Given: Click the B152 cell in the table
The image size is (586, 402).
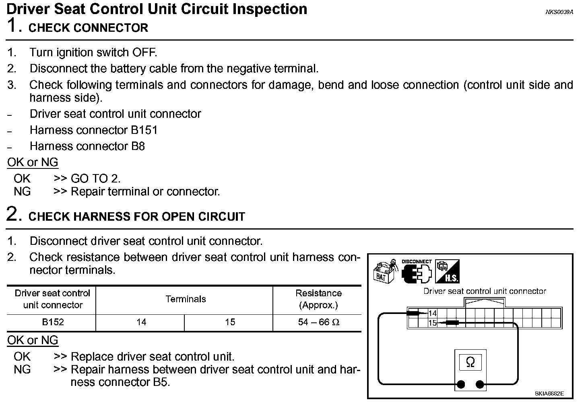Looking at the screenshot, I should tap(53, 322).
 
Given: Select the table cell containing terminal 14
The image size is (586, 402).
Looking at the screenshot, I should tap(141, 322).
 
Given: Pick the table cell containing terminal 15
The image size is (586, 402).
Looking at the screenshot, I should tap(230, 322).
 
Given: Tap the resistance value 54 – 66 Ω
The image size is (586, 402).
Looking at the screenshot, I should tap(318, 322).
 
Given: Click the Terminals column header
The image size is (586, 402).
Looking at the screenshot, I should tap(186, 299).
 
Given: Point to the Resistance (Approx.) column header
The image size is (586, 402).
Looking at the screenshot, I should tap(318, 299).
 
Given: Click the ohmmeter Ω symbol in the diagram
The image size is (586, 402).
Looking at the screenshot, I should tap(470, 363).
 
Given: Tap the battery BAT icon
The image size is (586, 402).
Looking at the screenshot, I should tap(384, 272).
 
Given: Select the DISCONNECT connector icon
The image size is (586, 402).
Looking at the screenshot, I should tap(416, 272).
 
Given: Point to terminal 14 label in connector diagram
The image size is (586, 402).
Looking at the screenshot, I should tap(433, 314).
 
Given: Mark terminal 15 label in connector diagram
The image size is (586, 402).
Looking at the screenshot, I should tap(433, 323).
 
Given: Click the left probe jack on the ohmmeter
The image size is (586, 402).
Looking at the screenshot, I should tap(461, 384).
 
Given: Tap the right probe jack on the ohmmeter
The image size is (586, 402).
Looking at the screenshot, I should tap(480, 384).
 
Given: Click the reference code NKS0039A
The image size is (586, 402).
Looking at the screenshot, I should tap(559, 12).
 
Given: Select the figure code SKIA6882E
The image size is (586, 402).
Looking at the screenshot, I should tap(549, 394).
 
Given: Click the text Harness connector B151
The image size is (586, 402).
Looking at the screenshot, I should tap(93, 130).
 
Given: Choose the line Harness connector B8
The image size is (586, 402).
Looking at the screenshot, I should tap(87, 146).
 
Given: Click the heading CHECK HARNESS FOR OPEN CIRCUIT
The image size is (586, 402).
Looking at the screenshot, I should tap(136, 217).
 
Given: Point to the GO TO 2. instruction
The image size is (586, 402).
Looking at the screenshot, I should tap(95, 178).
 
